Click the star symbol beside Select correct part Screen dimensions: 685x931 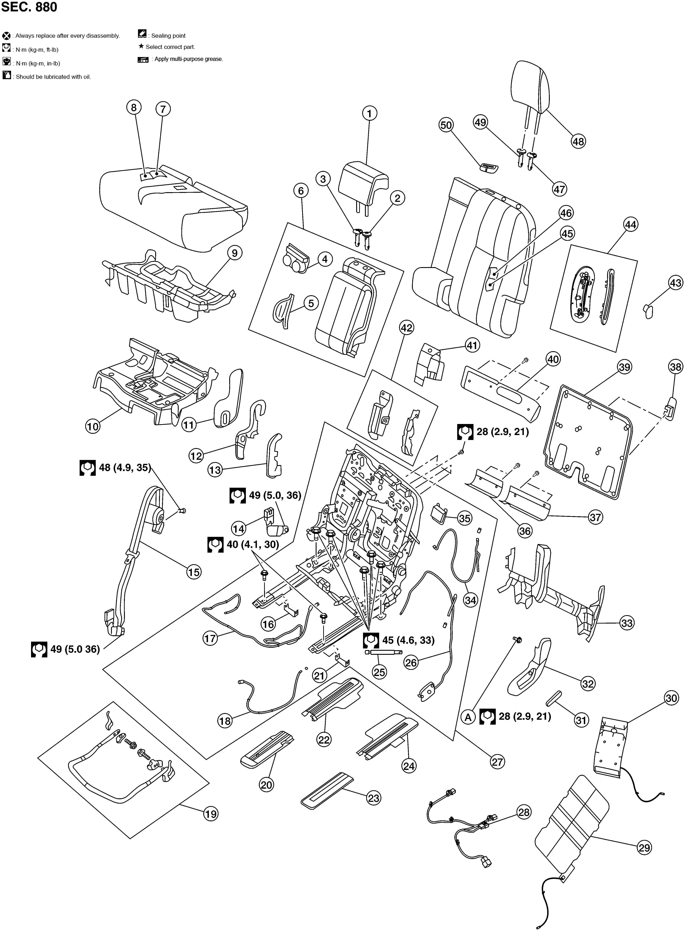141,47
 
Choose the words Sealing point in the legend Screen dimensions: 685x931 168,36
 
